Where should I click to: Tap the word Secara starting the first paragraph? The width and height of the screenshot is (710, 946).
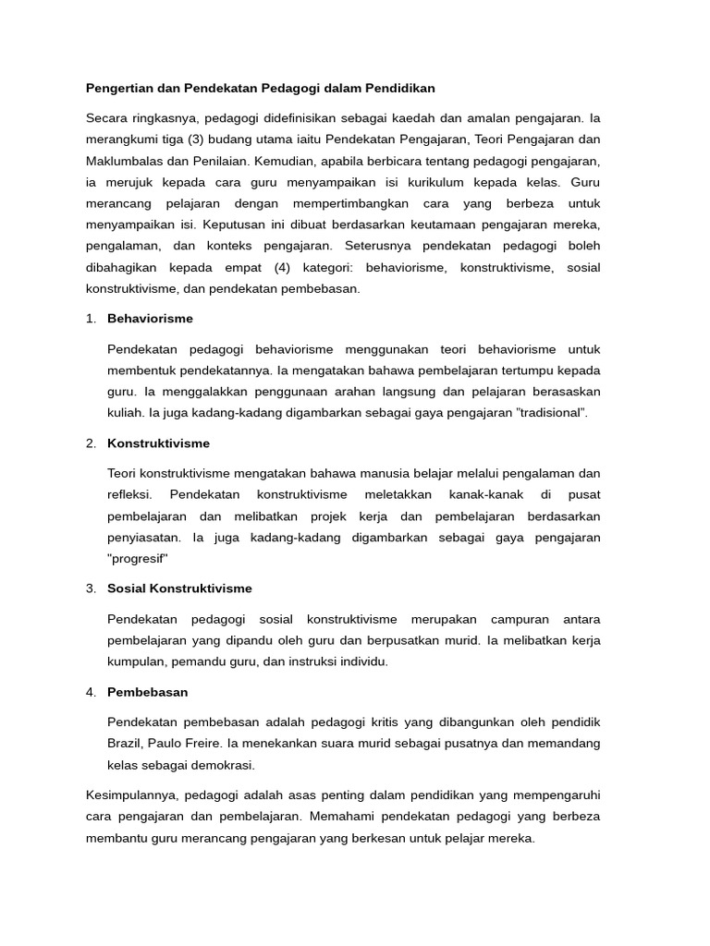pyautogui.click(x=107, y=118)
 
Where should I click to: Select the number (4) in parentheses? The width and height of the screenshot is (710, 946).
pyautogui.click(x=288, y=267)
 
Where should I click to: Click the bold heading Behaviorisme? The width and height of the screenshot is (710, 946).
pyautogui.click(x=150, y=319)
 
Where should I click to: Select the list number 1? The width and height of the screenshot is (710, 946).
pyautogui.click(x=91, y=319)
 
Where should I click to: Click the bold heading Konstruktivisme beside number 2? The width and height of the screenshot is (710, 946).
pyautogui.click(x=158, y=443)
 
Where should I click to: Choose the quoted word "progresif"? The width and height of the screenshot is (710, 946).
pyautogui.click(x=138, y=558)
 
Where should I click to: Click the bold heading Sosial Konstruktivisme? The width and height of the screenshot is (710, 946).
pyautogui.click(x=179, y=588)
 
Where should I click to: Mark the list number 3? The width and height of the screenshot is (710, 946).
pyautogui.click(x=91, y=588)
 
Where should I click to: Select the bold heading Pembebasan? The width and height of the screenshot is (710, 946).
pyautogui.click(x=148, y=692)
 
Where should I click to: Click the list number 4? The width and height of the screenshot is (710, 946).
pyautogui.click(x=91, y=692)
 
